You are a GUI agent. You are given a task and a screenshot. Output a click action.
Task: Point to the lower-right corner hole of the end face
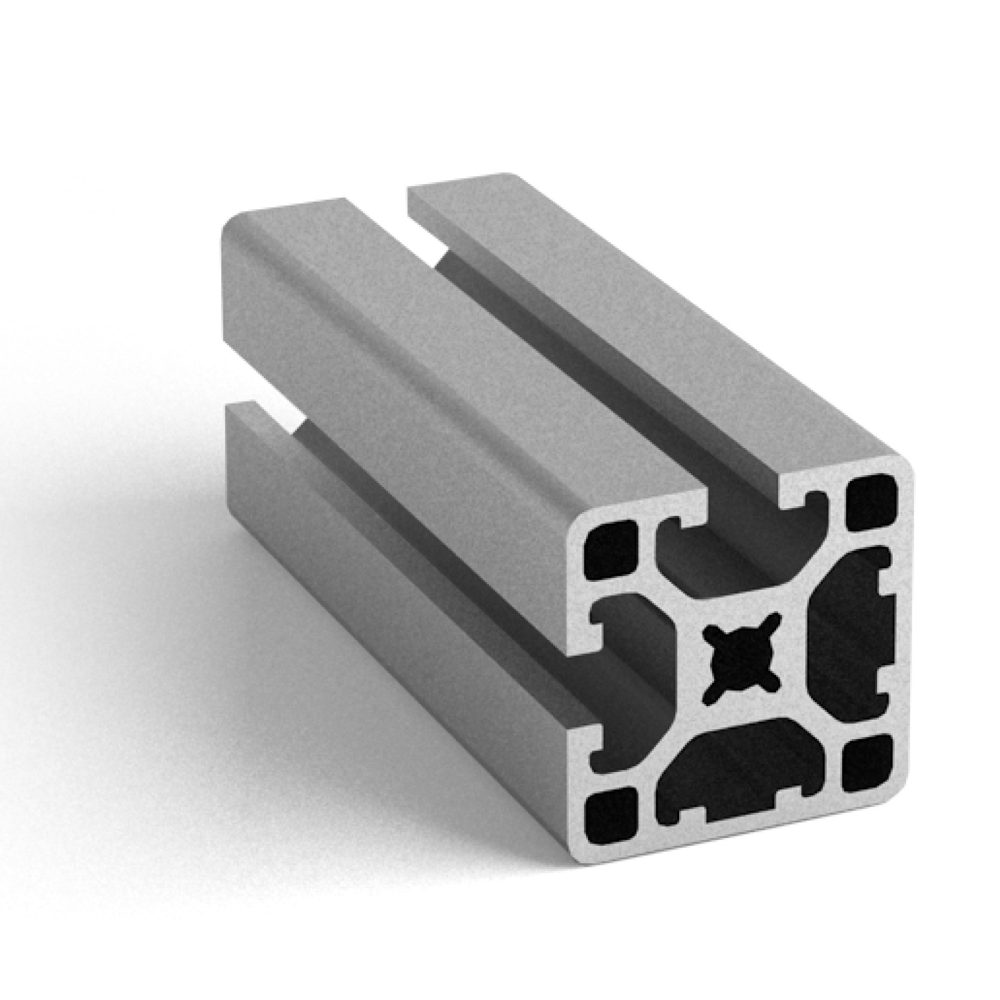pos(867,763)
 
